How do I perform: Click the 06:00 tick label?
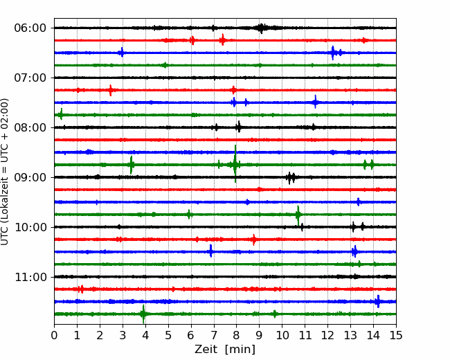tap(30, 28)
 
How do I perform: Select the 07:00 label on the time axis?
tap(30, 78)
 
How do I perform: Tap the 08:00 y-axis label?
tap(30, 127)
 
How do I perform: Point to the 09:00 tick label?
tap(30, 177)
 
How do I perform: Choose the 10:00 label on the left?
tap(30, 227)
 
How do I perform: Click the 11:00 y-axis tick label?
tap(30, 277)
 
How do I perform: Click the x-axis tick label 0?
tap(54, 335)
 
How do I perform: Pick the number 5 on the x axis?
tap(168, 335)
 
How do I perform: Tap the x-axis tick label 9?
tap(259, 335)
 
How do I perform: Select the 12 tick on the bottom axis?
tap(327, 335)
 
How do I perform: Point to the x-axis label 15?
tap(396, 335)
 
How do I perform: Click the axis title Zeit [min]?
tap(225, 350)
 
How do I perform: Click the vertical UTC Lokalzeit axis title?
tap(5, 172)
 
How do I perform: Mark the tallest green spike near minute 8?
tap(235, 163)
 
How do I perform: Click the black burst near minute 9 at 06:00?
tap(261, 28)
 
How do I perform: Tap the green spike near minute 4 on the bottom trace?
tap(143, 314)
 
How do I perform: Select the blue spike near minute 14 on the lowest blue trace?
tap(378, 301)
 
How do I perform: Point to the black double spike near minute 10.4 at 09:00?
tap(291, 178)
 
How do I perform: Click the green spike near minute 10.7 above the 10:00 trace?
tap(298, 215)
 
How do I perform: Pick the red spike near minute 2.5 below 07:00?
tap(111, 90)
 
